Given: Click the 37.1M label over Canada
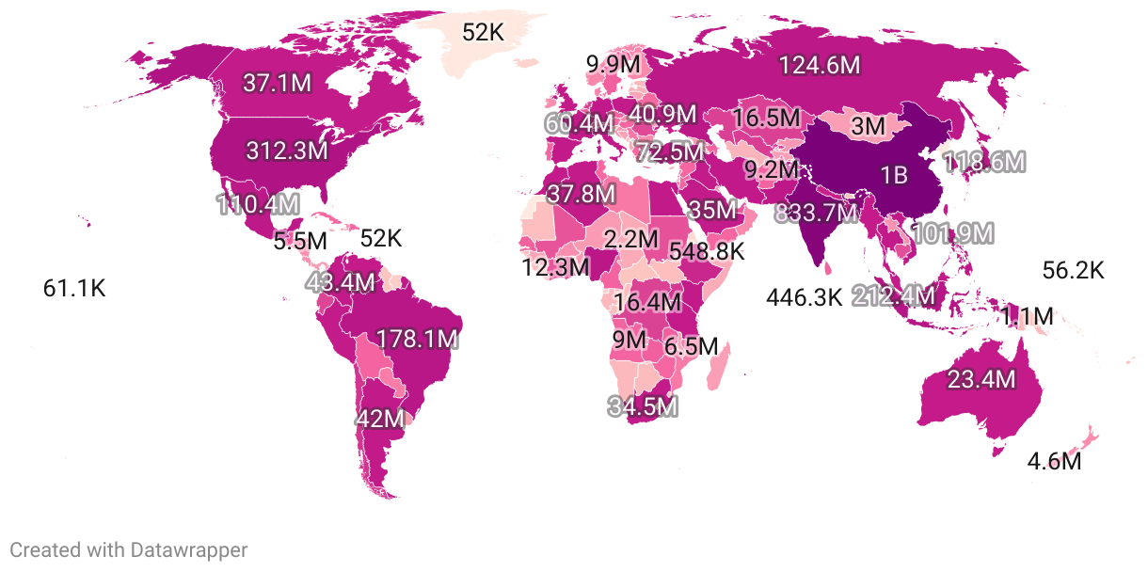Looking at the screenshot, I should click(277, 83).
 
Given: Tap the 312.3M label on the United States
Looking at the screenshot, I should click(287, 150).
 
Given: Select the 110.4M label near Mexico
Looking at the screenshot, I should click(258, 203).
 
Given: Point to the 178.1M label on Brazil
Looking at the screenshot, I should click(417, 339).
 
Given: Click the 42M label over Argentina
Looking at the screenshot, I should click(381, 419).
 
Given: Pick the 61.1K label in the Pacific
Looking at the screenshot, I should click(74, 289).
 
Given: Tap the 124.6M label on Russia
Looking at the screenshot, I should click(820, 65).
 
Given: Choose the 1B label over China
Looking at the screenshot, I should click(893, 175).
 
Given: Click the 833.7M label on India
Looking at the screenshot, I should click(816, 214).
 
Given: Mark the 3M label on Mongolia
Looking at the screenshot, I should click(868, 126).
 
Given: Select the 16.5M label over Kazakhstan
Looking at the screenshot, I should click(767, 119).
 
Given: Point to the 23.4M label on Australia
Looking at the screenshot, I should click(981, 379).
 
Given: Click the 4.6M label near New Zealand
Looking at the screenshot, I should click(1054, 462).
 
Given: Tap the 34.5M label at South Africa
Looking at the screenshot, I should click(643, 407).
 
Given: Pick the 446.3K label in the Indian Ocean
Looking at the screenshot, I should click(804, 298).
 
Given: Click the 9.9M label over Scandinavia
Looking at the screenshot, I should click(614, 65).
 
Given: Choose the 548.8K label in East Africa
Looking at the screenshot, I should click(707, 251).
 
